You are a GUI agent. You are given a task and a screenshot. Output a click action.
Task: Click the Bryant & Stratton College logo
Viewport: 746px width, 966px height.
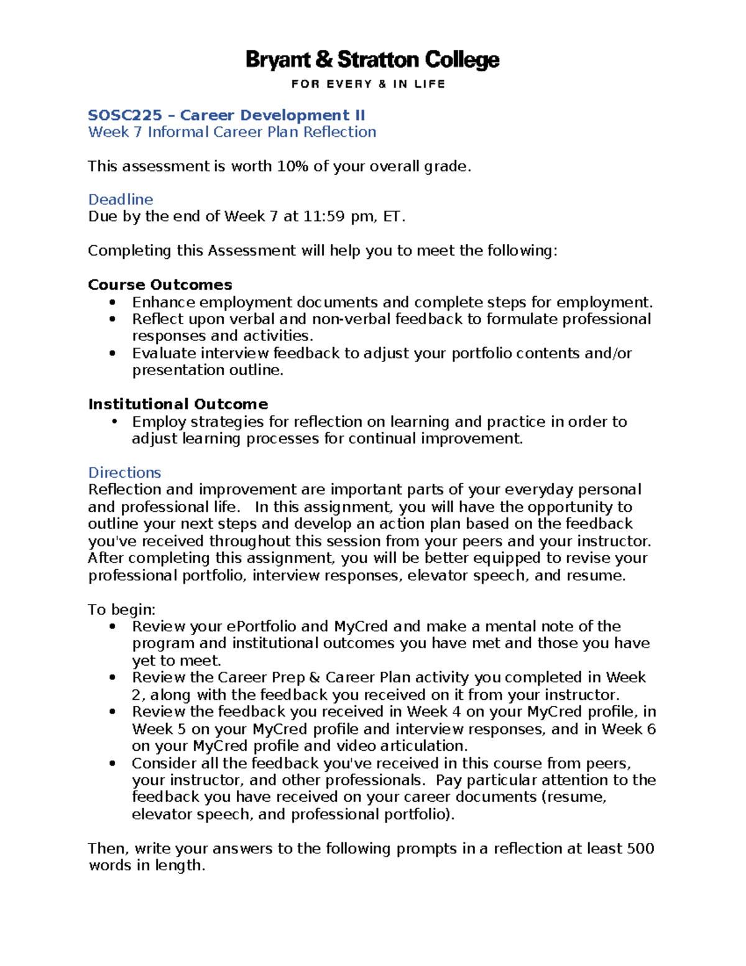(x=372, y=60)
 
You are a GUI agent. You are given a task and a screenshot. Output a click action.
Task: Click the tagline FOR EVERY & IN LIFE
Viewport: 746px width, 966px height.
(x=368, y=84)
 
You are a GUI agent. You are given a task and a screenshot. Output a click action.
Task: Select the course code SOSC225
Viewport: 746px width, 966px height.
(x=125, y=115)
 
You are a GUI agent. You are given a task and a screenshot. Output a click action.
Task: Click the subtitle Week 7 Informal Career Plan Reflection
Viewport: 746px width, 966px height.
(x=232, y=132)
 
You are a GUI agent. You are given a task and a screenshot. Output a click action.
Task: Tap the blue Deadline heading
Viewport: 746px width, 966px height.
(x=121, y=199)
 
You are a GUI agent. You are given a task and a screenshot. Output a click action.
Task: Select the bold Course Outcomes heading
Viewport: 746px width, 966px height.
(x=160, y=285)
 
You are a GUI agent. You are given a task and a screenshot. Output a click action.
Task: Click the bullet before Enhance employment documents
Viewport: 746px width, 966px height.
(x=113, y=302)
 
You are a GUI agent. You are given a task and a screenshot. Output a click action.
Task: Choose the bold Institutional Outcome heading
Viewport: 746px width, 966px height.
(x=178, y=404)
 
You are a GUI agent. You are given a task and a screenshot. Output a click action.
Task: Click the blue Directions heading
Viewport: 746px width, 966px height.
(x=124, y=473)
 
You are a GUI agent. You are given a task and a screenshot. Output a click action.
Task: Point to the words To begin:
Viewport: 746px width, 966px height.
(x=122, y=610)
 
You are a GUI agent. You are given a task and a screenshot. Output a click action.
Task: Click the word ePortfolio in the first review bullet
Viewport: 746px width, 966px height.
(x=262, y=626)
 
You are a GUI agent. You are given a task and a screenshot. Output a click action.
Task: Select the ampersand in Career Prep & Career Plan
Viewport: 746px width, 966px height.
(x=315, y=677)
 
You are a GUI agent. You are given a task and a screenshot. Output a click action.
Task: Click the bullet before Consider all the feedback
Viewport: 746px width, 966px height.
(x=113, y=763)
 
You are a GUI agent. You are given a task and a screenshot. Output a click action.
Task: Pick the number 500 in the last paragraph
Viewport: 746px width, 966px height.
(x=640, y=848)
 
